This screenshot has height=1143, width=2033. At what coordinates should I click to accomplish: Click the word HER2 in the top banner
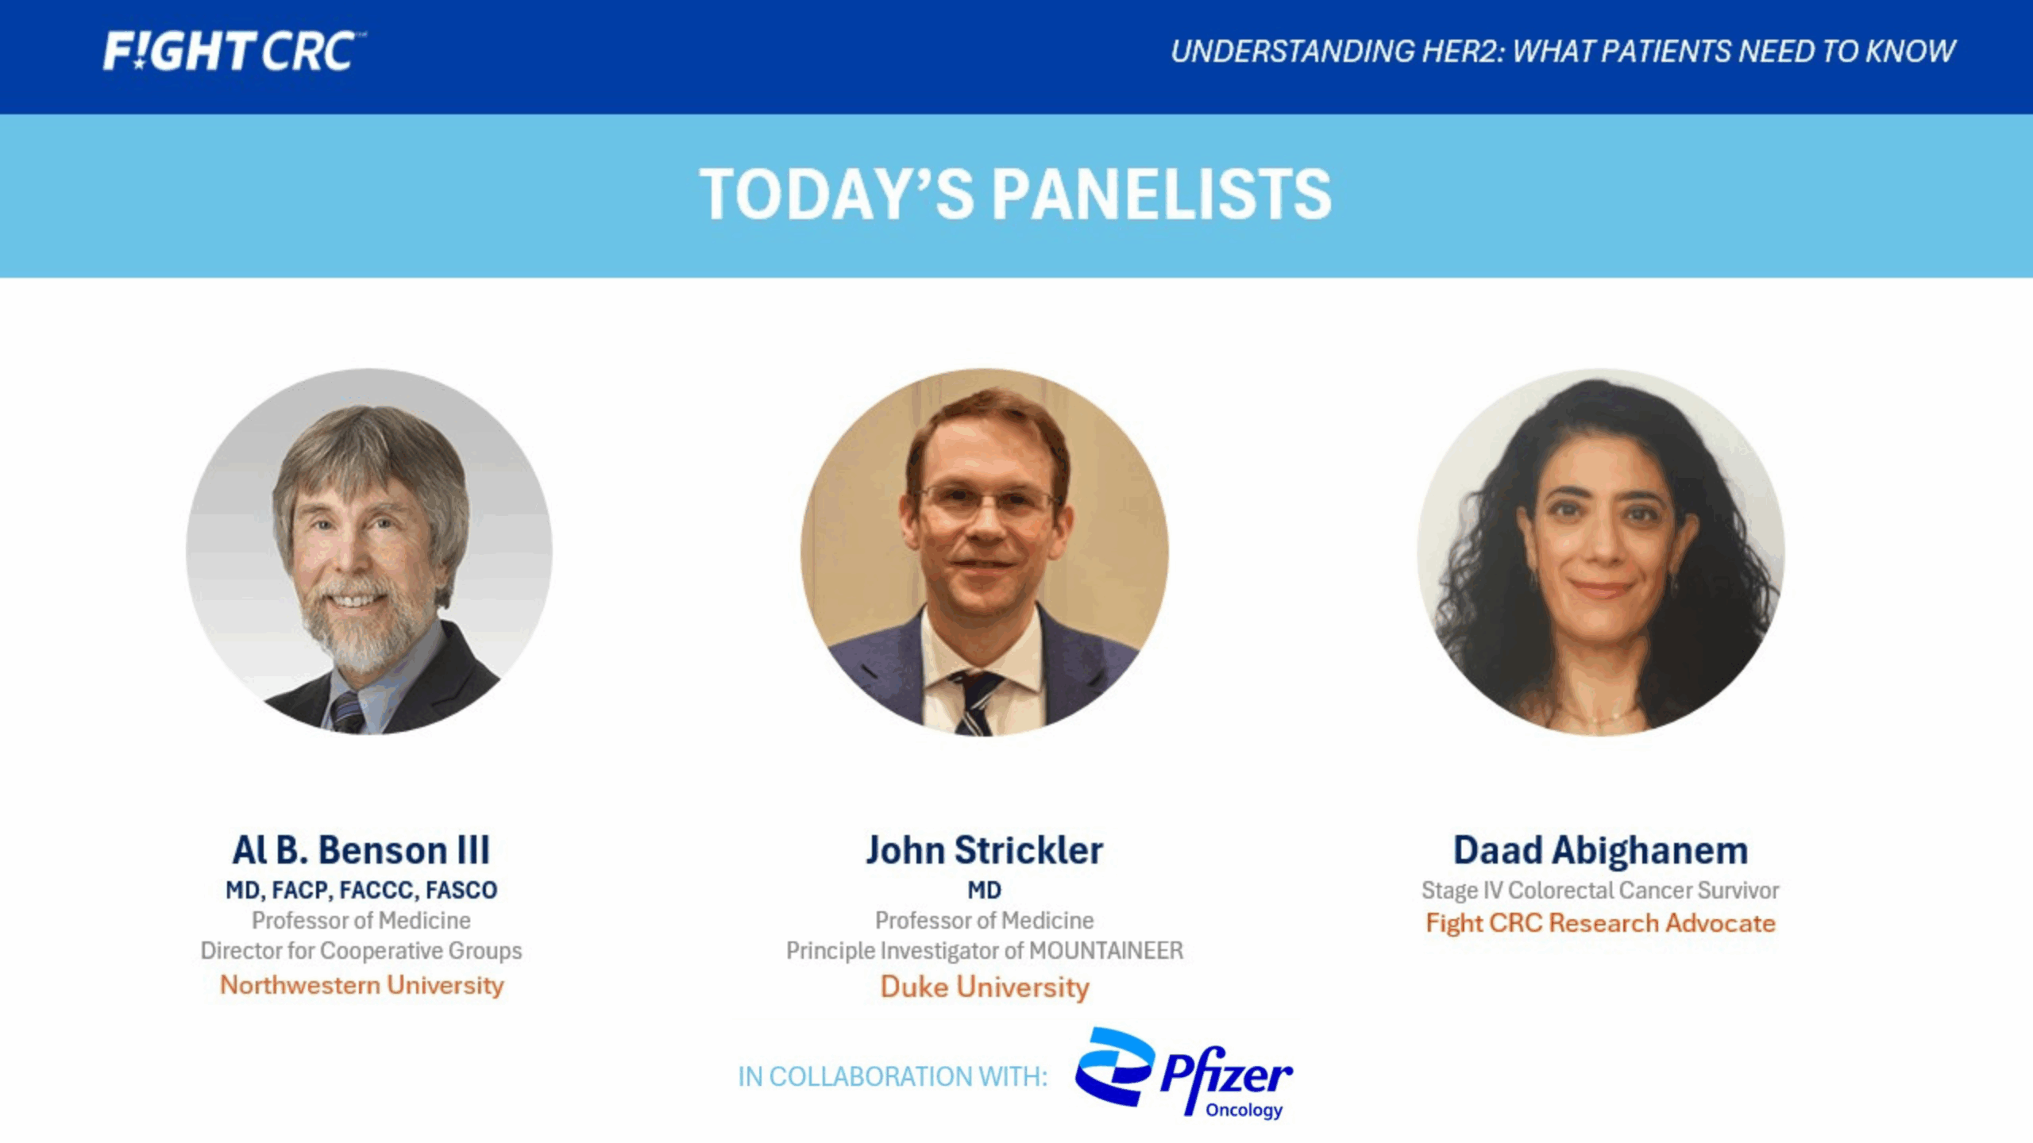coord(1461,52)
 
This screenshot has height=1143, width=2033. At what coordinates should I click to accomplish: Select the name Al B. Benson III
coord(361,850)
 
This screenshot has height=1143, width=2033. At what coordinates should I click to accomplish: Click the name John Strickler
coord(984,850)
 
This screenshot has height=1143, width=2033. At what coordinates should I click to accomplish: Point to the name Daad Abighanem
coord(1600,850)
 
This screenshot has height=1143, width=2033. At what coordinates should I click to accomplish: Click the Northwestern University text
coord(361,985)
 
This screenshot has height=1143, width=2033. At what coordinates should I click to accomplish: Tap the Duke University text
coord(984,987)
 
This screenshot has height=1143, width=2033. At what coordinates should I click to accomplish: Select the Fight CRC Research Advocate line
coord(1600,923)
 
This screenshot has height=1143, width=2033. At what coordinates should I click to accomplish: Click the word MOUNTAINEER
coord(1105,951)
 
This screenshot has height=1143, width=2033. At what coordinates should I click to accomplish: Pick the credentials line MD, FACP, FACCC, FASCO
coord(361,891)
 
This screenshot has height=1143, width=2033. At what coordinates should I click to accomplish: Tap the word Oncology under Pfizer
coord(1244,1110)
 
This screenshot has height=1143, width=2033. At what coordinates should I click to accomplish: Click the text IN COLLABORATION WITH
coord(893,1077)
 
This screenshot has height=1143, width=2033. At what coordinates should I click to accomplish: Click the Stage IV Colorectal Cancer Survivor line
coord(1600,891)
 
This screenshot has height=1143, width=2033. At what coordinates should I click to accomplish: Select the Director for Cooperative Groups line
coord(361,951)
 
